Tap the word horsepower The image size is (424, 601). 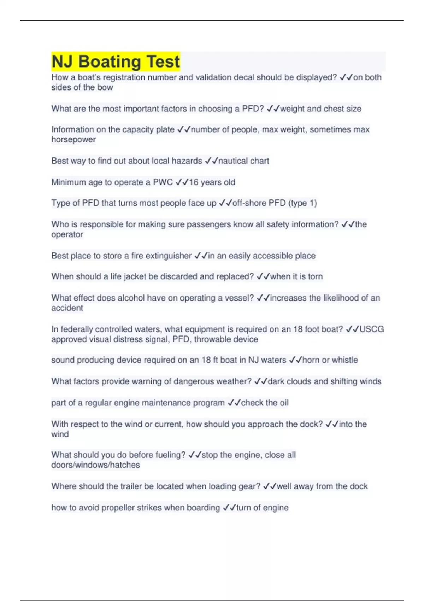click(x=73, y=140)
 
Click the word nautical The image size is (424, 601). click(x=233, y=161)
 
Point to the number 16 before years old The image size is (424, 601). click(x=194, y=182)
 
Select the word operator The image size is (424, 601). click(x=67, y=234)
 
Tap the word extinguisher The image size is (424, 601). click(x=168, y=256)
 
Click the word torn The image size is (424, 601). click(x=315, y=276)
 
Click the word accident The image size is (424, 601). click(x=67, y=308)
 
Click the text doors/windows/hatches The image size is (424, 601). click(x=95, y=465)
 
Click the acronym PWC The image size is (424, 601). click(x=163, y=182)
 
